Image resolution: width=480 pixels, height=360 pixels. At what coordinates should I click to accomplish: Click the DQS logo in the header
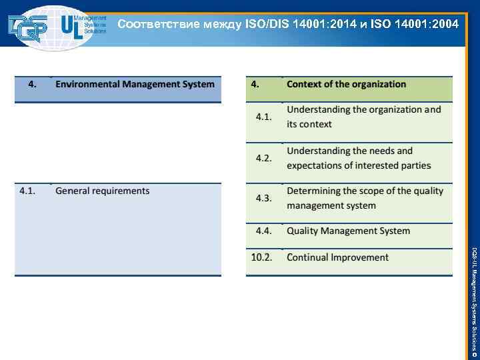(28, 27)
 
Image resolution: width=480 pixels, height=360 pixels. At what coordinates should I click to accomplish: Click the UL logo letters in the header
(71, 26)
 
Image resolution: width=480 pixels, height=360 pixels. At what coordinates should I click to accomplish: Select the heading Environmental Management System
(135, 84)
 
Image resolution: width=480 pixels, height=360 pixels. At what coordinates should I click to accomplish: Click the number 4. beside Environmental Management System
(31, 84)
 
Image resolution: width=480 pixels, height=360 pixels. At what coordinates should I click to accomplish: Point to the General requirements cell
(103, 191)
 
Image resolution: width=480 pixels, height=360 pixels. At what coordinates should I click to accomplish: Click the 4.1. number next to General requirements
(27, 191)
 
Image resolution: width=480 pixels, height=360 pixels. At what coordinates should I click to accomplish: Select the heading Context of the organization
(346, 84)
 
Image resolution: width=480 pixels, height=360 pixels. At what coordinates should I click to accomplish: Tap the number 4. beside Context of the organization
(255, 84)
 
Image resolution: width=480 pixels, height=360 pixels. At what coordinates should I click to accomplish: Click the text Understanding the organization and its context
(363, 117)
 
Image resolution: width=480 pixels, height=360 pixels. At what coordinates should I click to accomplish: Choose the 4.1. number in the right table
(264, 117)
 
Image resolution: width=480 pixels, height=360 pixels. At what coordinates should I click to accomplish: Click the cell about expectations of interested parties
(359, 158)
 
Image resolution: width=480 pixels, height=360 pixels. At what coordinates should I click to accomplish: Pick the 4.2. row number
(264, 158)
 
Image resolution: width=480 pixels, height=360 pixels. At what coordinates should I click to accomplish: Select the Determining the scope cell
(365, 198)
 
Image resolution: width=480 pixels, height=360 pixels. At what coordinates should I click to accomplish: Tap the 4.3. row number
(264, 198)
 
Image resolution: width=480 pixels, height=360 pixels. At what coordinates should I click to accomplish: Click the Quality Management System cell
(348, 231)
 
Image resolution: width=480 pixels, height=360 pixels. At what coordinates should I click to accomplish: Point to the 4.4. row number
(264, 231)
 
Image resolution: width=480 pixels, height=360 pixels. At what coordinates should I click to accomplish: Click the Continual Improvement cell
(337, 257)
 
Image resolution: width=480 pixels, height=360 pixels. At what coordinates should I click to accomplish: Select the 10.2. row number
(262, 257)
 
